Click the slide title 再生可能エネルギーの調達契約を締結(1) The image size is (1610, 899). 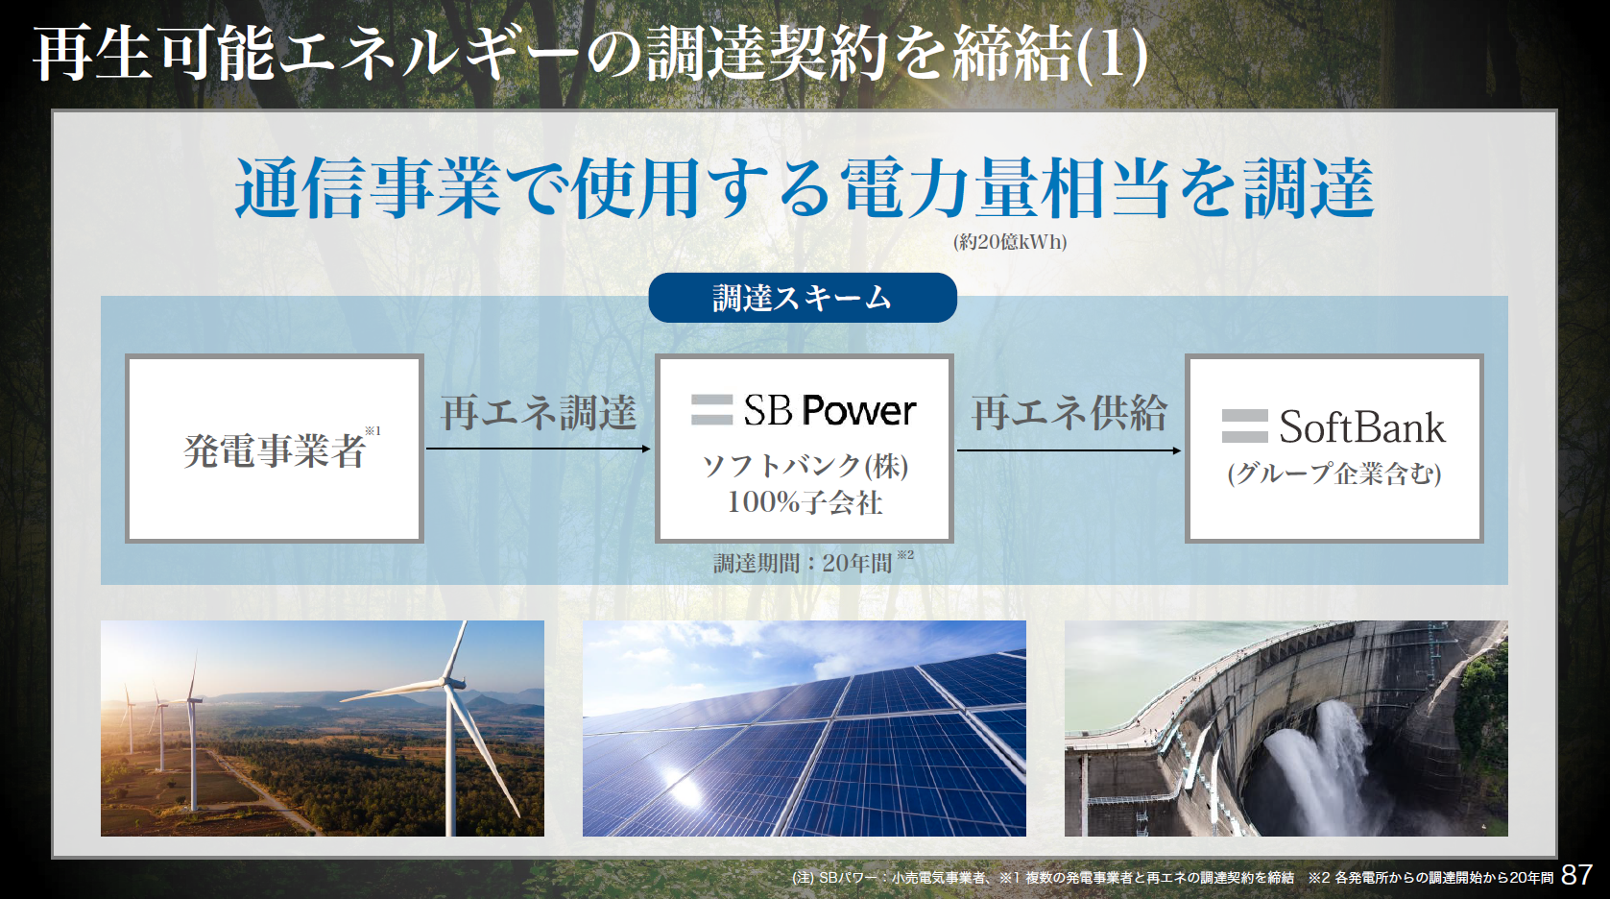pos(589,54)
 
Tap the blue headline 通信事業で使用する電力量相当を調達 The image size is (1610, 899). pos(805,188)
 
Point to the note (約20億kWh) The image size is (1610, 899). pos(1010,242)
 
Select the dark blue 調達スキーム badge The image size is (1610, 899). pos(803,298)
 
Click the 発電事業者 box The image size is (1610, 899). pos(275,449)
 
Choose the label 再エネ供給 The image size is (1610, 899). pos(1069,413)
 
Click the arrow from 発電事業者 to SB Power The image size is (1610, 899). pos(539,449)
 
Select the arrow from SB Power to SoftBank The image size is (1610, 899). pos(1069,450)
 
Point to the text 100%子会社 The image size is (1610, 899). pos(805,502)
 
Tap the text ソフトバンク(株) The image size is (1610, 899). pos(805,466)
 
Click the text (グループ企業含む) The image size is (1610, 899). pos(1334,474)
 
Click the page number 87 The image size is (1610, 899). pos(1577,875)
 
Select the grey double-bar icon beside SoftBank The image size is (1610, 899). pos(1245,425)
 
